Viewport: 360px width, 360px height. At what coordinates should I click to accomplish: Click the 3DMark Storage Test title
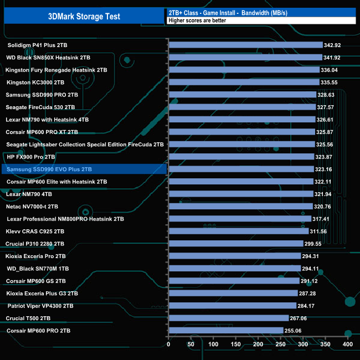click(84, 17)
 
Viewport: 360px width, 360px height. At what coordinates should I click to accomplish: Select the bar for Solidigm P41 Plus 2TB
click(245, 45)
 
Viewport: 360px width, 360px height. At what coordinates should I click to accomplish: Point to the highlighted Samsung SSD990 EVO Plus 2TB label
click(49, 169)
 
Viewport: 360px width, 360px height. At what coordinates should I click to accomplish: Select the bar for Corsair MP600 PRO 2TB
click(225, 331)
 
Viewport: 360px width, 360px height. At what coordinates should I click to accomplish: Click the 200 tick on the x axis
click(258, 344)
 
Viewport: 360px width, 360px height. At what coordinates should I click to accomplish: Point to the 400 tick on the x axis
click(348, 344)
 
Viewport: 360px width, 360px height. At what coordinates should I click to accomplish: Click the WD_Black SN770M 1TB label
click(38, 269)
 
